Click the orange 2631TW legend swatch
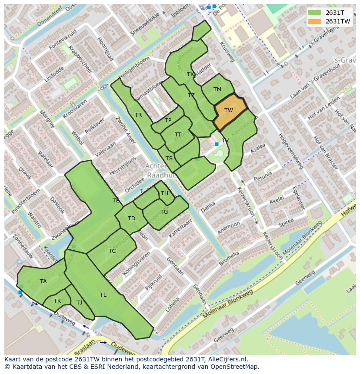pyautogui.click(x=315, y=21)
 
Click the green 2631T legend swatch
pyautogui.click(x=315, y=12)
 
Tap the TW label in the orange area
pyautogui.click(x=229, y=110)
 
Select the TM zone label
pyautogui.click(x=217, y=89)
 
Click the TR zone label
pyautogui.click(x=138, y=115)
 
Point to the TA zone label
pyautogui.click(x=43, y=281)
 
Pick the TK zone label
pyautogui.click(x=57, y=301)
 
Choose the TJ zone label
pyautogui.click(x=79, y=303)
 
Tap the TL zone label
pyautogui.click(x=103, y=295)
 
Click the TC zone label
pyautogui.click(x=112, y=251)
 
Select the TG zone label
pyautogui.click(x=164, y=212)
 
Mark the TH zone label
pyautogui.click(x=164, y=193)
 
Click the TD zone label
pyautogui.click(x=131, y=218)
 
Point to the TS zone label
pyautogui.click(x=169, y=159)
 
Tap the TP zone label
pyautogui.click(x=168, y=120)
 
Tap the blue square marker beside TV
pyautogui.click(x=217, y=144)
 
